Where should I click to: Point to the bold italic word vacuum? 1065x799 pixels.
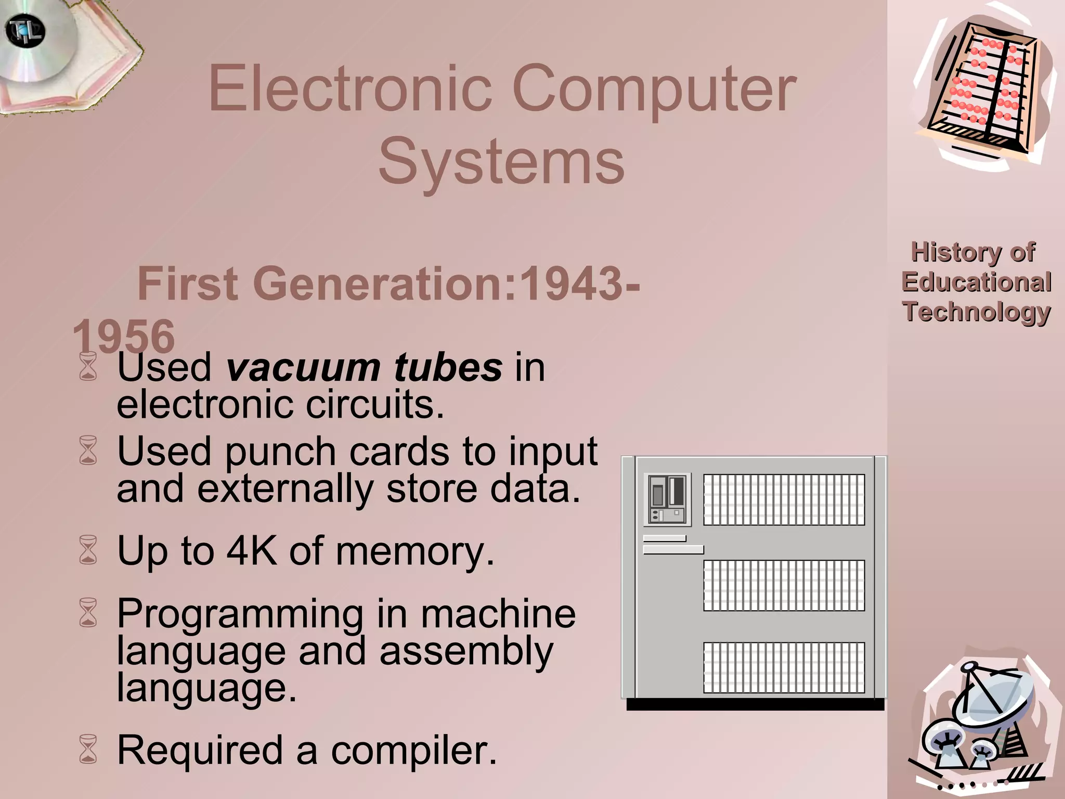pos(303,367)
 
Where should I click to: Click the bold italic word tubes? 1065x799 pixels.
pos(448,367)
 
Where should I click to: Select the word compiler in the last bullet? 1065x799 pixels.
pos(414,751)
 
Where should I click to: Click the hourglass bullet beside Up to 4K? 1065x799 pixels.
pos(88,550)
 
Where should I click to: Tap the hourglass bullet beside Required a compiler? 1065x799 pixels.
pos(88,749)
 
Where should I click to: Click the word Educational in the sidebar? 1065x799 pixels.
pos(976,282)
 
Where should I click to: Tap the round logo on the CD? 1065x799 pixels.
pos(25,31)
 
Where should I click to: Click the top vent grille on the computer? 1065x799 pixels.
pos(784,499)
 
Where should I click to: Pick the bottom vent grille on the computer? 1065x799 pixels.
pos(784,667)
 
